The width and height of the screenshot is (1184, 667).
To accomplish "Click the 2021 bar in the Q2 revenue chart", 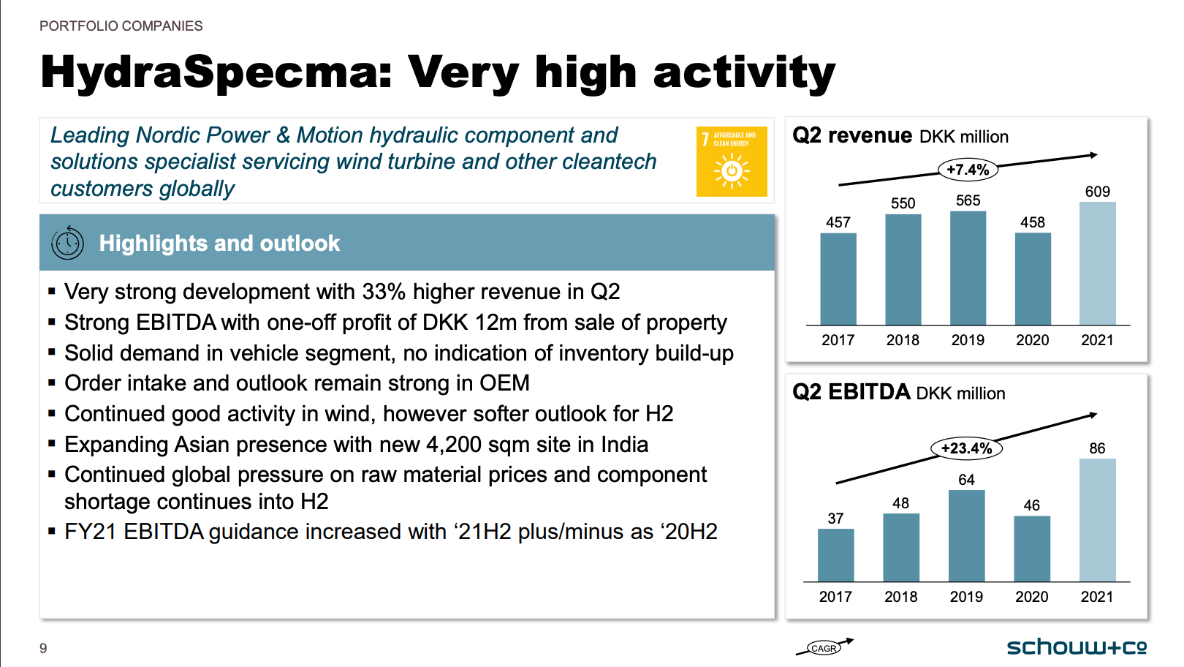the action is click(x=1097, y=263).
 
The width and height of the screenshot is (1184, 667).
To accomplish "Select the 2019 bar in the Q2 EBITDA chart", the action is click(x=966, y=536).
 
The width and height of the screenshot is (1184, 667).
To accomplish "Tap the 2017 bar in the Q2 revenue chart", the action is click(x=838, y=279).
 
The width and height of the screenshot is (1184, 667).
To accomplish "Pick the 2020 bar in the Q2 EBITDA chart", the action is click(x=1032, y=549).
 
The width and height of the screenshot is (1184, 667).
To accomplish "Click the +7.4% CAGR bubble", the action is click(x=968, y=170).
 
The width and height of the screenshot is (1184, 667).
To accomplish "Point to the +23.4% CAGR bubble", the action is click(x=966, y=448).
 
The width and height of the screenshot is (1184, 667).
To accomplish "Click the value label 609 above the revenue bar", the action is click(x=1097, y=192).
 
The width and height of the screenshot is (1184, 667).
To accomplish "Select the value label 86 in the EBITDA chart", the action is click(x=1097, y=448).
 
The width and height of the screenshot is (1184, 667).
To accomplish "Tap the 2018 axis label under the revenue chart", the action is click(x=903, y=340).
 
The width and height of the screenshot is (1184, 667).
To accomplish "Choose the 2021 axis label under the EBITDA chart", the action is click(x=1097, y=597).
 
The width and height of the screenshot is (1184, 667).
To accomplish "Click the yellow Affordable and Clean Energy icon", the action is click(x=732, y=162).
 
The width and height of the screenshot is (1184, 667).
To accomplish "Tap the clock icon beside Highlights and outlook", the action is click(x=67, y=243).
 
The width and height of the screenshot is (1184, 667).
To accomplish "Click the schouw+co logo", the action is click(x=1076, y=647).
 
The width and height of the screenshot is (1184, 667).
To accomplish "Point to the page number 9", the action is click(x=43, y=648).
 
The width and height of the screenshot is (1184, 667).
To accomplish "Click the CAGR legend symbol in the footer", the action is click(x=824, y=647).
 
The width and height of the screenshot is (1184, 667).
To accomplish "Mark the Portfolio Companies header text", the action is click(x=121, y=26).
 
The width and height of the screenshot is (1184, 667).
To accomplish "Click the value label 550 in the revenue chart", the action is click(x=903, y=203).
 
